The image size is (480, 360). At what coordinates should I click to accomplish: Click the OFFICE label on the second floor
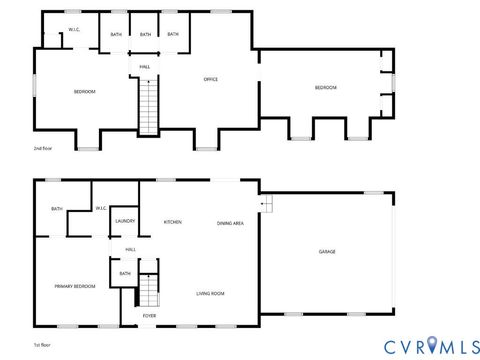tap(211, 79)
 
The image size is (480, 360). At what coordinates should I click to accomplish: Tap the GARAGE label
tap(327, 251)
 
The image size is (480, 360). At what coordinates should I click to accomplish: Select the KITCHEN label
tap(172, 222)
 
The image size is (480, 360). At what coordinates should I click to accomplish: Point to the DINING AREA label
tap(231, 222)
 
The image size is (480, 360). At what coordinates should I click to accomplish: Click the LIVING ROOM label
tap(210, 293)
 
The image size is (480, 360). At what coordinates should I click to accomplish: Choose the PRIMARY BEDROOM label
tap(75, 286)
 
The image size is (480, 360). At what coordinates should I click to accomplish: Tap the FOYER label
tap(149, 316)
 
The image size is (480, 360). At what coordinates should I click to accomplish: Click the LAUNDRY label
tap(125, 221)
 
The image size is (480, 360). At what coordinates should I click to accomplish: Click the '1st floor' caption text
tap(42, 344)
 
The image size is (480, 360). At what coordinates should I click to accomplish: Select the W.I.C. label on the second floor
tap(74, 30)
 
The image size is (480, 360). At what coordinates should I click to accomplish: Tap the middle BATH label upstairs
tap(145, 35)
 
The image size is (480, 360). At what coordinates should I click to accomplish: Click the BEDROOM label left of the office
tap(84, 92)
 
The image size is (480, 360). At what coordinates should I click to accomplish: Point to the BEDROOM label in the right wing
tap(326, 88)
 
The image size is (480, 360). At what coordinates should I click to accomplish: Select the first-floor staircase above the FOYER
tap(148, 291)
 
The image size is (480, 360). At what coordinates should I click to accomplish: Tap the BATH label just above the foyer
tap(125, 273)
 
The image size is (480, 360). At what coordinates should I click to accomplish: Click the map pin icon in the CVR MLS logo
tap(432, 345)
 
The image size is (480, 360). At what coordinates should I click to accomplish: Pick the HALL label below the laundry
tap(130, 249)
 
